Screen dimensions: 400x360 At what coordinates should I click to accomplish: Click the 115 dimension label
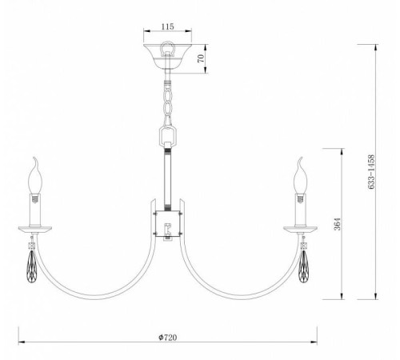point(167,26)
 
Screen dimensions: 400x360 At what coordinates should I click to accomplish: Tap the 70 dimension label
point(201,58)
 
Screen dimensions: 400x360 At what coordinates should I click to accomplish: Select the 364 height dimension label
point(337,224)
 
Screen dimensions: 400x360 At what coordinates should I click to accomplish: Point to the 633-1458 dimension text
point(371,172)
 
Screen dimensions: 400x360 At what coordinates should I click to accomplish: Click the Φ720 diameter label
point(167,338)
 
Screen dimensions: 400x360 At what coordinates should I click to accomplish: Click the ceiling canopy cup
point(167,56)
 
